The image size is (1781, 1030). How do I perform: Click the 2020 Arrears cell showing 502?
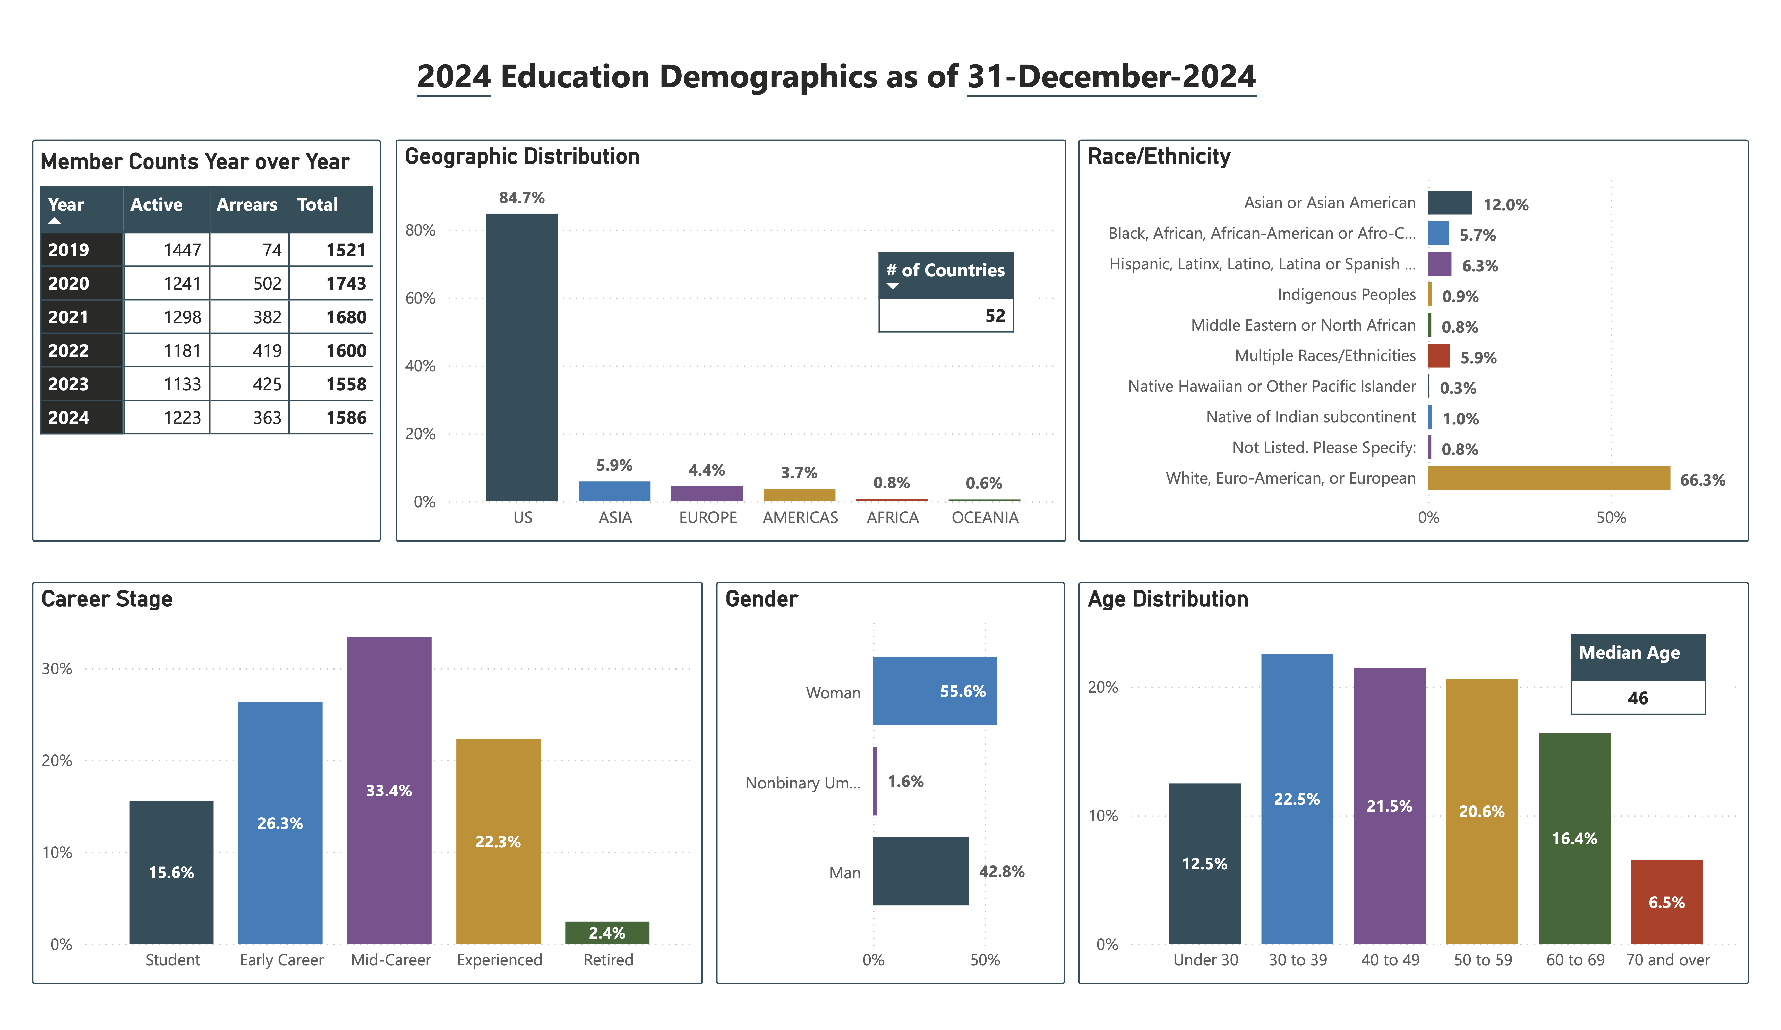(267, 284)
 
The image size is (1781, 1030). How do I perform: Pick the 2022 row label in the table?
(68, 351)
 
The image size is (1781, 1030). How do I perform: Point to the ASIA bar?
(614, 491)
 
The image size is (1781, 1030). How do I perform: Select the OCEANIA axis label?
(984, 518)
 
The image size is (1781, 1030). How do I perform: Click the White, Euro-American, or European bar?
(1548, 478)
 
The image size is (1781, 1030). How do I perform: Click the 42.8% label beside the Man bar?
(1001, 872)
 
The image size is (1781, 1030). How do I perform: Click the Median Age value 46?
(1638, 698)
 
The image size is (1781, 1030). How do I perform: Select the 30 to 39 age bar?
(1297, 799)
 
